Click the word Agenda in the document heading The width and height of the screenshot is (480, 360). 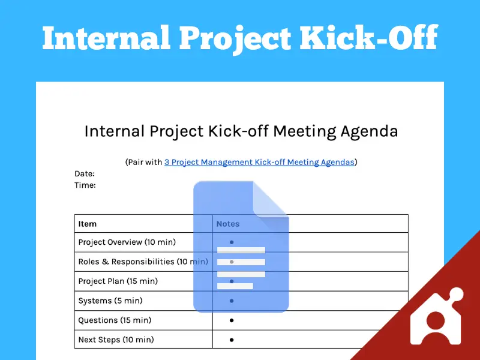click(370, 131)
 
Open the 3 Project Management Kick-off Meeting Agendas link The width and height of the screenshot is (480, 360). click(259, 162)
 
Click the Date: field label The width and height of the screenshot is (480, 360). click(85, 173)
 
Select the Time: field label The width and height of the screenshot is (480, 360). click(85, 185)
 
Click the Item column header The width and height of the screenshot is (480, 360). click(88, 224)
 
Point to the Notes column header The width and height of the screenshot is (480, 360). click(227, 224)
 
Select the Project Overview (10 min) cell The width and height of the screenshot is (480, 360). click(127, 242)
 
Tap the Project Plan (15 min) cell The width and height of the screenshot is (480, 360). click(118, 281)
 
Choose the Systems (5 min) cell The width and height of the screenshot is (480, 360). click(110, 301)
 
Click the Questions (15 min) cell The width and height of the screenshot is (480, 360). click(115, 320)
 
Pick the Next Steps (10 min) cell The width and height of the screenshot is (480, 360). click(116, 340)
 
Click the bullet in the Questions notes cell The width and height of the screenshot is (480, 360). click(232, 320)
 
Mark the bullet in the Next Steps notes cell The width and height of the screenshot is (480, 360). click(232, 340)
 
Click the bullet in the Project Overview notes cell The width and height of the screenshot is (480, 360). click(232, 242)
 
